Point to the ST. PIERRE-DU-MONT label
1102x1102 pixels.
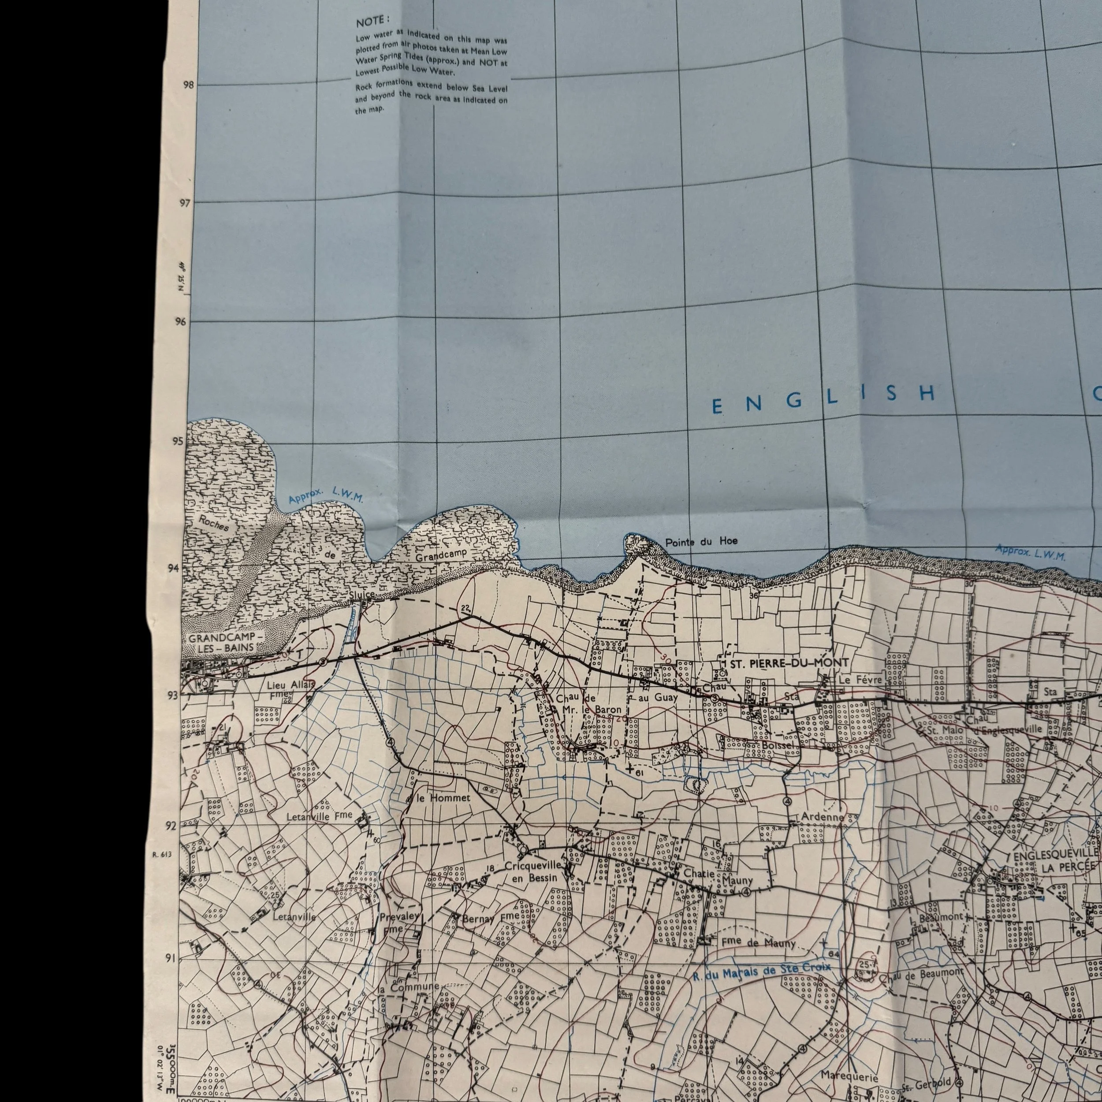click(x=786, y=663)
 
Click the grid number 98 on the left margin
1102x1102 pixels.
click(x=188, y=85)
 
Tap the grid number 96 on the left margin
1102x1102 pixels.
click(x=180, y=322)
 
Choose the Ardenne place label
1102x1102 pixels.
click(x=822, y=817)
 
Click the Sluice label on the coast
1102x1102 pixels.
click(x=363, y=595)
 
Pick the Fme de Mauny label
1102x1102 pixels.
click(x=758, y=943)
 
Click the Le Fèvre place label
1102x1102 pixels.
click(x=860, y=680)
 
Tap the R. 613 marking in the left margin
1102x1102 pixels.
click(x=162, y=854)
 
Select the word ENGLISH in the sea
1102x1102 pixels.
click(x=824, y=396)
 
